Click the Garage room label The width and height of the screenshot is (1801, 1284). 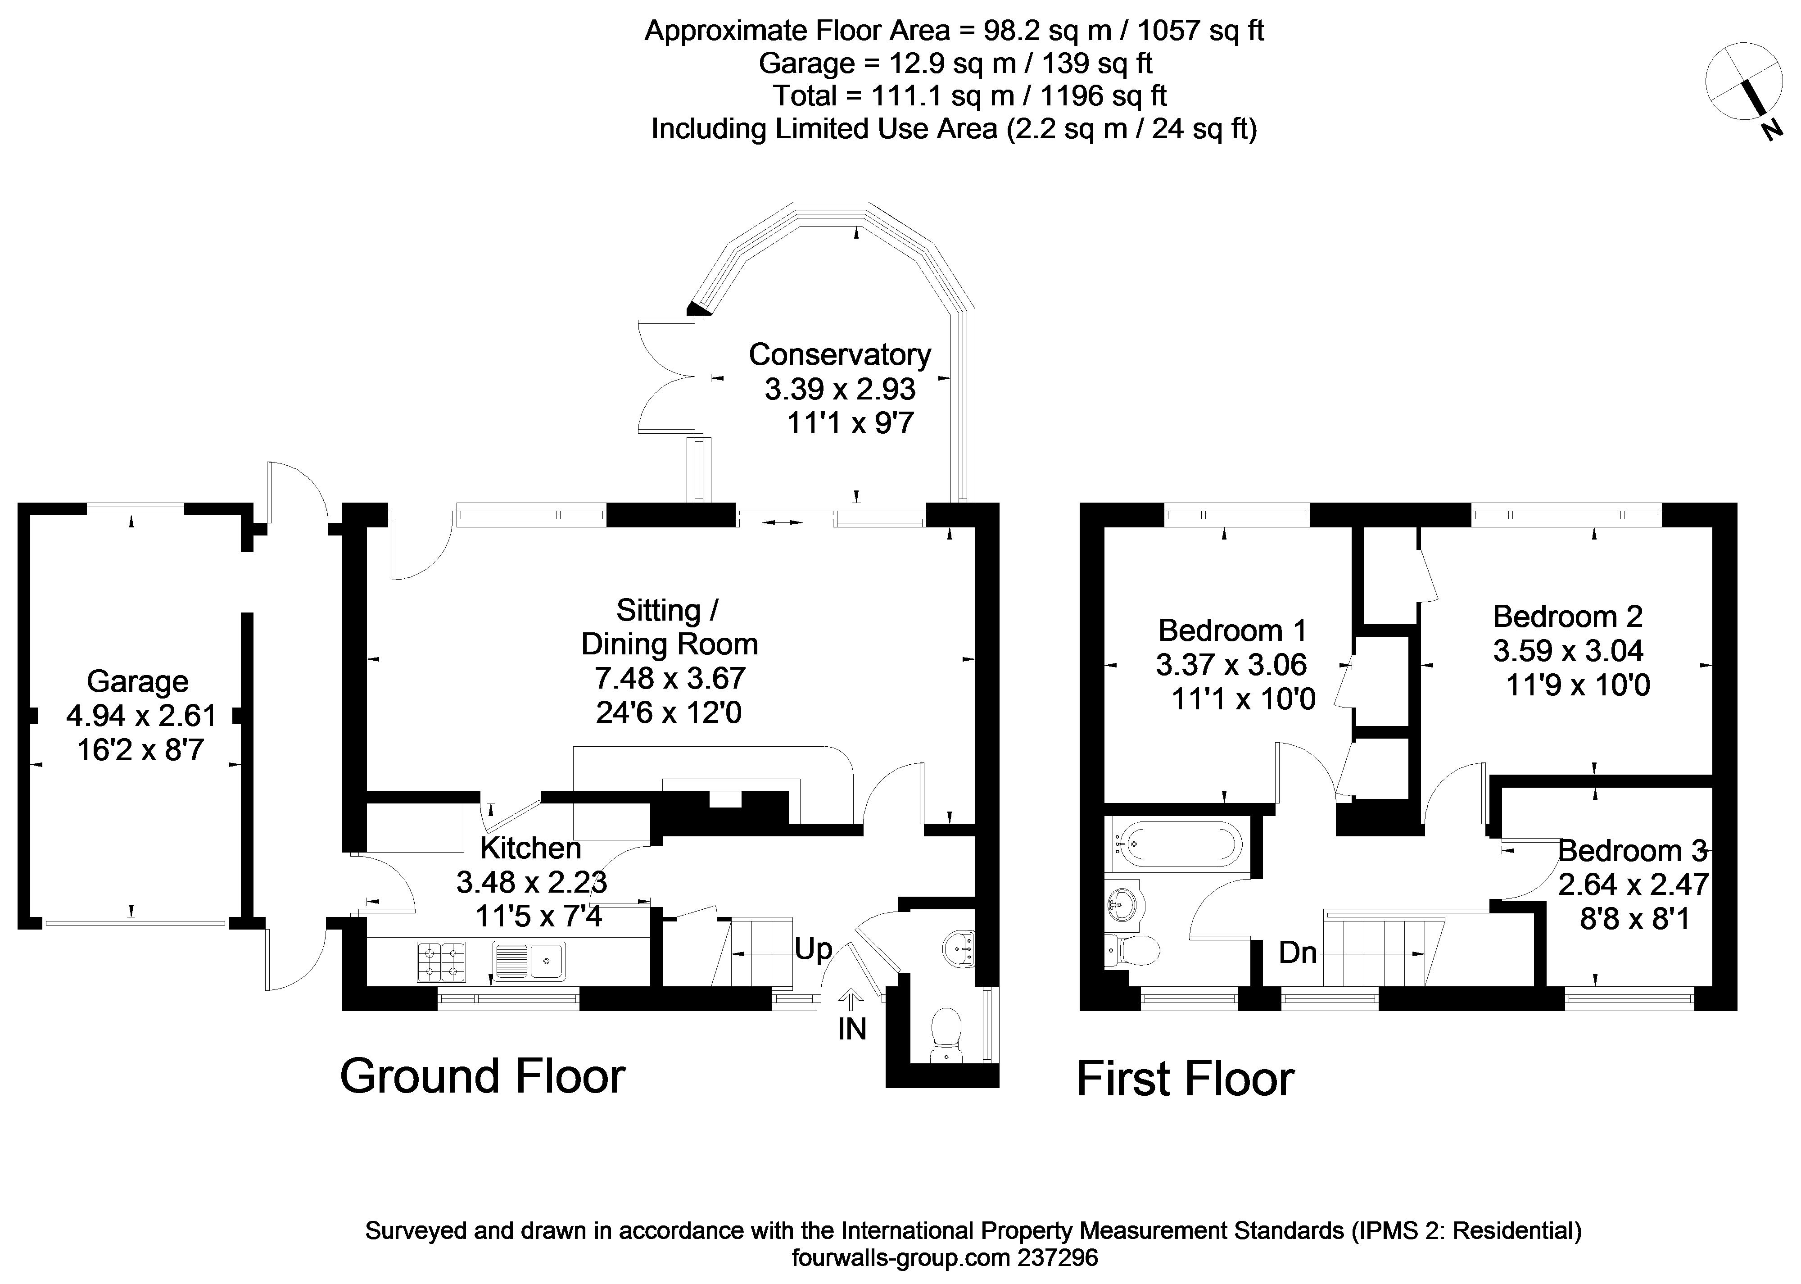(137, 681)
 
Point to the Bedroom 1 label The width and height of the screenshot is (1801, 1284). (1232, 630)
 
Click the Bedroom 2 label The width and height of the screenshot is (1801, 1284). (1568, 616)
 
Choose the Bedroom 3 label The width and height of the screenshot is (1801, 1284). (1632, 851)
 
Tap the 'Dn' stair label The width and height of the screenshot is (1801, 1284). (1298, 953)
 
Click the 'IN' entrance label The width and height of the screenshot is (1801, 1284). (852, 1030)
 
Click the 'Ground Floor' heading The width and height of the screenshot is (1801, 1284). (482, 1077)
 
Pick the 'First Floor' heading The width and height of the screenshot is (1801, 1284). (1186, 1080)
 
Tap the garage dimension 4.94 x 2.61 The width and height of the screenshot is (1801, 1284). (140, 716)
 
